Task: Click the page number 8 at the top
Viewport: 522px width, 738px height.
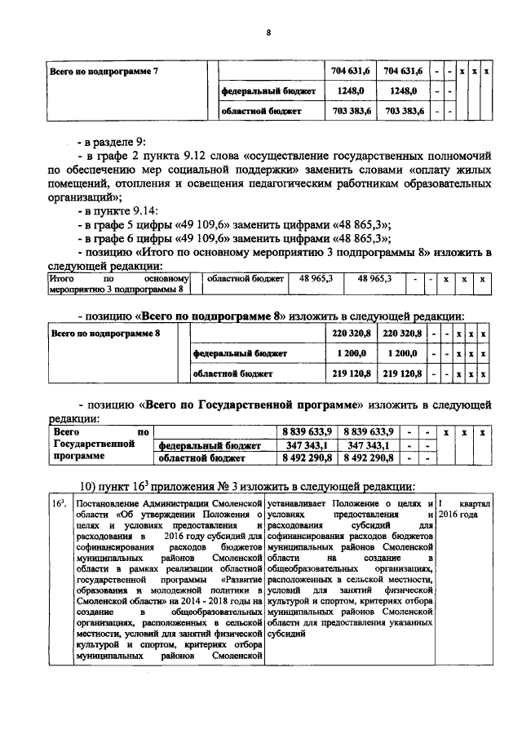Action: tap(268, 33)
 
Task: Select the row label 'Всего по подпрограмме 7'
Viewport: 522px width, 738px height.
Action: tap(102, 72)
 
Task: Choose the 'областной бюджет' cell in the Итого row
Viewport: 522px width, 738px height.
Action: tap(246, 280)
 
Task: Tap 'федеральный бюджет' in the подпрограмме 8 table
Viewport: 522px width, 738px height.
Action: tap(232, 354)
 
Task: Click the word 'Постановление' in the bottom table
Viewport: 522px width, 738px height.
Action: tap(113, 506)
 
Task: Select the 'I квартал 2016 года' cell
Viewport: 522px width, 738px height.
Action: tap(463, 511)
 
